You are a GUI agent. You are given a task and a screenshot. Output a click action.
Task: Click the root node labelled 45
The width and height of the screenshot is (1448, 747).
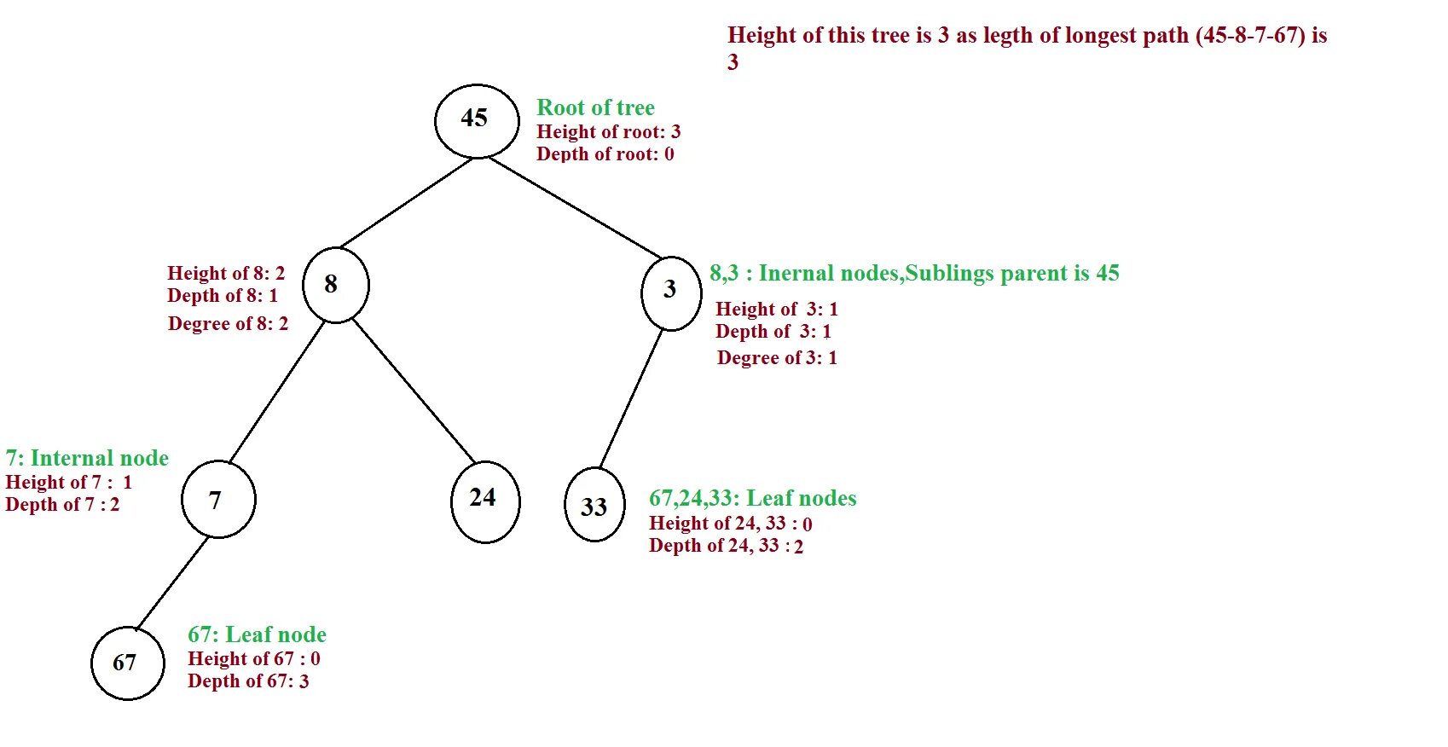[x=476, y=120]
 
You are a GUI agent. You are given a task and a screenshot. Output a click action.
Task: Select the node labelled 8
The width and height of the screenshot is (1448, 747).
[x=335, y=285]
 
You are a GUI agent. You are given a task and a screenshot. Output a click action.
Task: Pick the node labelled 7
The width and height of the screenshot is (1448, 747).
[x=218, y=499]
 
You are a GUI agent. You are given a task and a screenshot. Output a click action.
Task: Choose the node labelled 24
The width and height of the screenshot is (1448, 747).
[x=484, y=501]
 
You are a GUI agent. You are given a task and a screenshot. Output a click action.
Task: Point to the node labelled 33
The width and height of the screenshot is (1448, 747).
[x=594, y=505]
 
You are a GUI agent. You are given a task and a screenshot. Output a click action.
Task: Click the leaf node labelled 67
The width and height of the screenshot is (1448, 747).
[x=127, y=663]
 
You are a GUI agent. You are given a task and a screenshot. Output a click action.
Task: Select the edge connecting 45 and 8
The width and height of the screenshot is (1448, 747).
[x=406, y=203]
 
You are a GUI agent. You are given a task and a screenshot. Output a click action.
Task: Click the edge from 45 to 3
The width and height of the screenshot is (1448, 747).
[x=575, y=207]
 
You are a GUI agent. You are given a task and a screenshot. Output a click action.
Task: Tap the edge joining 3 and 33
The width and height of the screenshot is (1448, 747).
[x=631, y=398]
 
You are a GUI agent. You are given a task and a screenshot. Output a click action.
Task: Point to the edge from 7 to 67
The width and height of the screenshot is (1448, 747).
[x=172, y=582]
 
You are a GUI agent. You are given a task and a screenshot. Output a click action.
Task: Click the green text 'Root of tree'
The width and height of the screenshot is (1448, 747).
[x=595, y=107]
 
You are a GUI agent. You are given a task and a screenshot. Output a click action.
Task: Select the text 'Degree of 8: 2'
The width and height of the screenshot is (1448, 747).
[x=228, y=324]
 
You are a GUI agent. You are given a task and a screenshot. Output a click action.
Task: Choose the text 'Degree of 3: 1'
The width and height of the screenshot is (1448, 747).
[x=777, y=358]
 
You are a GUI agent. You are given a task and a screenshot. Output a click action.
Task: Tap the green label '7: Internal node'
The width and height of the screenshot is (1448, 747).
[x=87, y=458]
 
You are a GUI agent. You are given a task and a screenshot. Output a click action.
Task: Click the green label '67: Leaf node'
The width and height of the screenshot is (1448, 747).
[x=257, y=634]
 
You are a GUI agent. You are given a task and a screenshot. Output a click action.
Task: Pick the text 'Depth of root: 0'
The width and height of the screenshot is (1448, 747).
[x=605, y=154]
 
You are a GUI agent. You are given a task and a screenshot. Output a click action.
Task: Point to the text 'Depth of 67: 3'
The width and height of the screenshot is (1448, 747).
[x=248, y=681]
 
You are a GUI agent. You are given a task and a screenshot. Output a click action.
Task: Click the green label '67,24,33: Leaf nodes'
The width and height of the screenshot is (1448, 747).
[x=752, y=498]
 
